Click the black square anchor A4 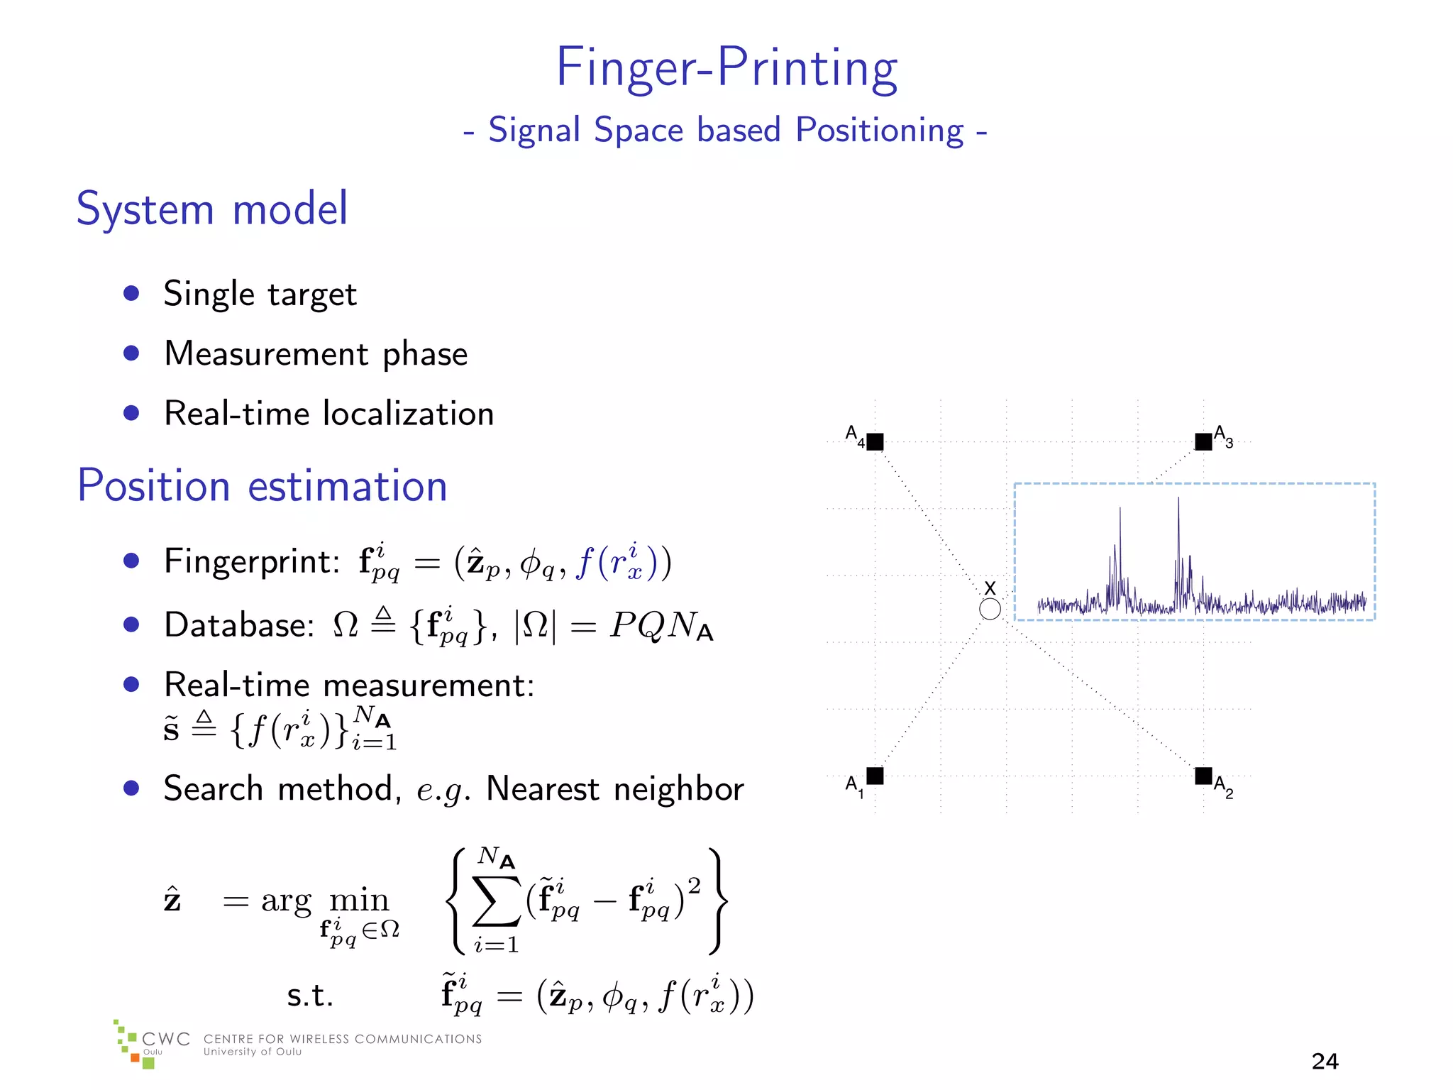(x=875, y=442)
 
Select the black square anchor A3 (x=1203, y=442)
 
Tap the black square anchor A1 (x=875, y=776)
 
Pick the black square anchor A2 (x=1203, y=776)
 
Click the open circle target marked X (x=990, y=609)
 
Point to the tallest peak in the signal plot (x=1178, y=500)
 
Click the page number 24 (x=1325, y=1061)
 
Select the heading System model (x=212, y=209)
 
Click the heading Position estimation (x=263, y=486)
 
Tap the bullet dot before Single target (x=131, y=293)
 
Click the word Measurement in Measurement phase (x=267, y=353)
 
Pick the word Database (x=238, y=625)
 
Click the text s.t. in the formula (x=310, y=995)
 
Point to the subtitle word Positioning (x=880, y=131)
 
